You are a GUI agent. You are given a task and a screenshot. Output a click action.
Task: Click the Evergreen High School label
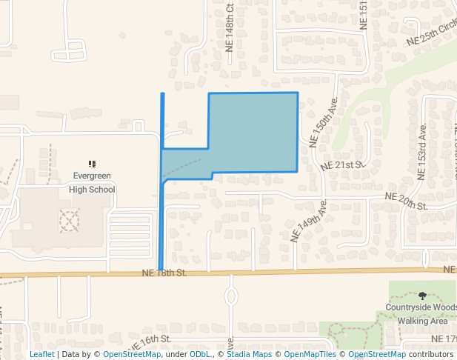tap(93, 183)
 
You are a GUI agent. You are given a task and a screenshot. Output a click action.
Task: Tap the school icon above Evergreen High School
tap(92, 164)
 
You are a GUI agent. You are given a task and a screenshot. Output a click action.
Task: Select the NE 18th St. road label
tap(163, 273)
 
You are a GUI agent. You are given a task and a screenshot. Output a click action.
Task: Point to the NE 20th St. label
tap(407, 200)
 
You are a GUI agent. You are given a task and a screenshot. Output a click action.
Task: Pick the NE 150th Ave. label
tap(324, 119)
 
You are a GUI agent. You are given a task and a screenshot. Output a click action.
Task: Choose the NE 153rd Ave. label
tap(421, 151)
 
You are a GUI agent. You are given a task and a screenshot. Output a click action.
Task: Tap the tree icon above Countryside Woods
tap(422, 296)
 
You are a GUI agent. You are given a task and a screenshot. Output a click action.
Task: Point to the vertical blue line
tap(162, 222)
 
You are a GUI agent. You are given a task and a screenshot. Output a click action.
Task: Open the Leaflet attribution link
tap(41, 354)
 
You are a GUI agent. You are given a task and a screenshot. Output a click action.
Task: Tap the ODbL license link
tap(200, 354)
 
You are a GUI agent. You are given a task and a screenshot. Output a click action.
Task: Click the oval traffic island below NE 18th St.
tap(230, 296)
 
